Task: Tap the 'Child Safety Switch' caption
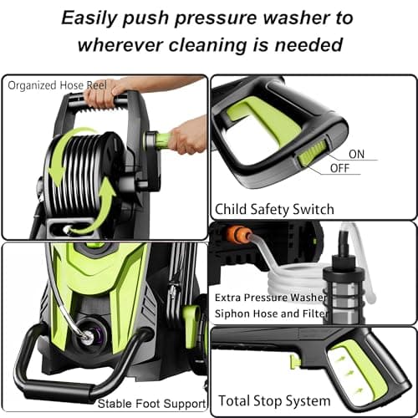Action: (275, 208)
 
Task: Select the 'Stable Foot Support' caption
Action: (150, 405)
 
